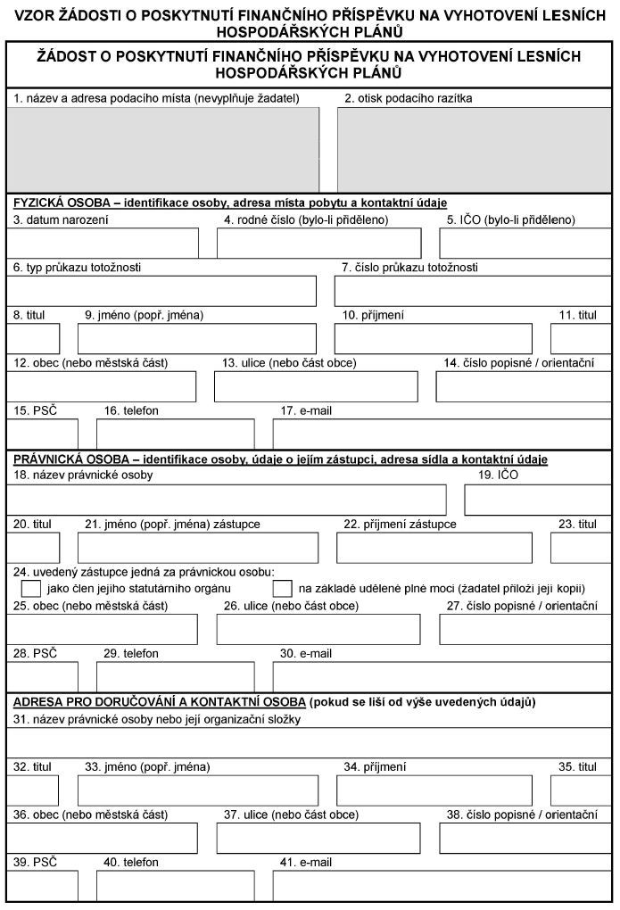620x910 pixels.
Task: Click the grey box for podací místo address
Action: coord(163,149)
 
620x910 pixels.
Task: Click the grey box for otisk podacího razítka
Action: coord(475,149)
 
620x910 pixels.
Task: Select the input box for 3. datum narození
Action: coord(103,243)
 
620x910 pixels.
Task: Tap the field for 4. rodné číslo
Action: coord(318,243)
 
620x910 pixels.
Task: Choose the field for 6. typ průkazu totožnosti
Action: coord(162,291)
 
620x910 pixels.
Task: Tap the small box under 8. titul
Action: coord(34,339)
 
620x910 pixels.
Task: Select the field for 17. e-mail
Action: coord(442,434)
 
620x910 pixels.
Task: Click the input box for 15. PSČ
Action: coord(42,434)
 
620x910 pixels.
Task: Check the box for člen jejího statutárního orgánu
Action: coord(31,588)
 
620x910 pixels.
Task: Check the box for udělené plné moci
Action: coord(283,588)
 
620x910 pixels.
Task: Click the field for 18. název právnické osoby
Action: coord(227,500)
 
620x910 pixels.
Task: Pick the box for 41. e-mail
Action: coord(442,886)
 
